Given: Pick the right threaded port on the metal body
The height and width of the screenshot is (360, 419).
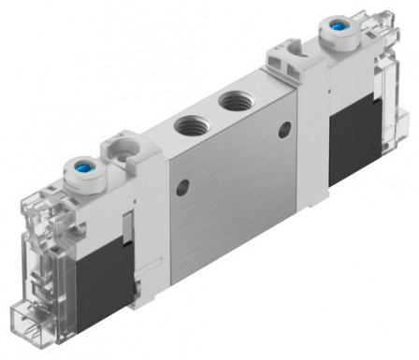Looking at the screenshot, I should click(x=229, y=98).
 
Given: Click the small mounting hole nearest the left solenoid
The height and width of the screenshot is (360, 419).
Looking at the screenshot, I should click(x=182, y=184).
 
